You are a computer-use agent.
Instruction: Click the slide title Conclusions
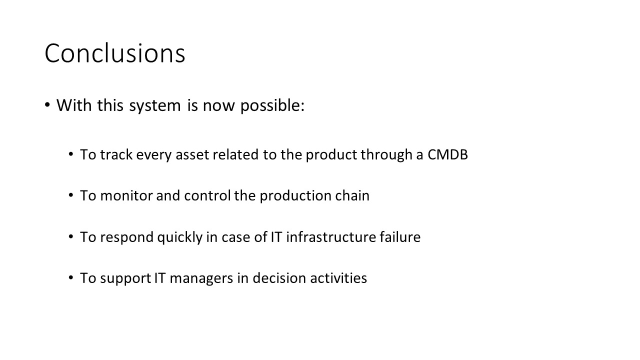click(x=115, y=53)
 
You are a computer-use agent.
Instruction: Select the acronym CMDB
click(x=447, y=154)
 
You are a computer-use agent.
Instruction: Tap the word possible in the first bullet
click(x=272, y=105)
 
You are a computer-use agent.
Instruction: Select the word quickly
click(x=179, y=237)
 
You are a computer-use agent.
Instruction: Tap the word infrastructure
click(x=331, y=237)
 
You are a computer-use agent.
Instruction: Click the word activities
click(x=338, y=278)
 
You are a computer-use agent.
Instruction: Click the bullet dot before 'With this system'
click(x=47, y=105)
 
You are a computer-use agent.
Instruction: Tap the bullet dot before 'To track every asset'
click(x=71, y=154)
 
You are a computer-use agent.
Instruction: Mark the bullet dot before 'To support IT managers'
click(x=71, y=277)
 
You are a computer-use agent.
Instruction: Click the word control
click(x=207, y=195)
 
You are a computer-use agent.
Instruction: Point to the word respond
click(x=127, y=237)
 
